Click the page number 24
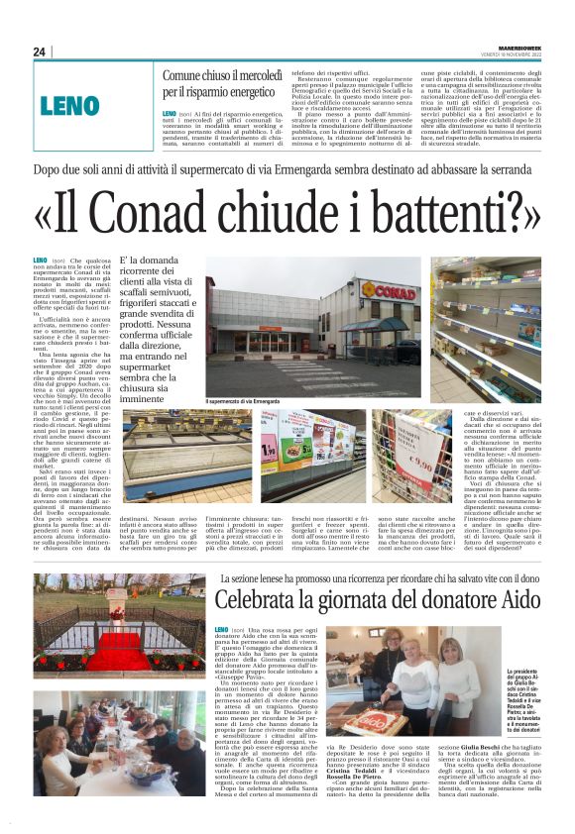(40, 52)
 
